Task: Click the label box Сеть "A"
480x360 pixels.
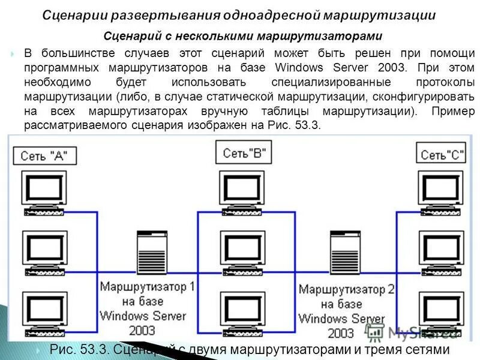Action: tap(44, 156)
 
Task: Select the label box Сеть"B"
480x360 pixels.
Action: tap(244, 154)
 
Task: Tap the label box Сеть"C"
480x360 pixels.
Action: tap(443, 155)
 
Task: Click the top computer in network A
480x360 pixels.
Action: tap(44, 192)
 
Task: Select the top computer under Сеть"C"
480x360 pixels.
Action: tap(440, 192)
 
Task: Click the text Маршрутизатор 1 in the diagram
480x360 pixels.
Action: tap(148, 286)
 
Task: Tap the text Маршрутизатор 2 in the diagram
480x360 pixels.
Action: tap(346, 290)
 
